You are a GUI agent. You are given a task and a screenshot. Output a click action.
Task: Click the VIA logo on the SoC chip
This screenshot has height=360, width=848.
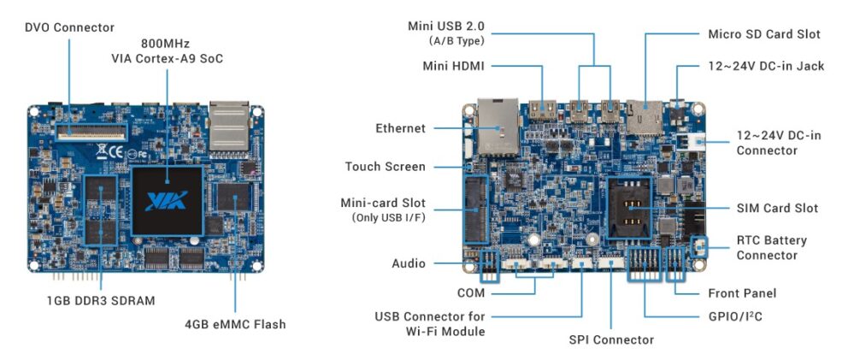(167, 202)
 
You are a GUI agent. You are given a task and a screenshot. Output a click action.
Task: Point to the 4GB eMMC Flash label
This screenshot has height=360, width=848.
(235, 324)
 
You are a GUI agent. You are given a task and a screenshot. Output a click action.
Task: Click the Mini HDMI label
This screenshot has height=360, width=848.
(454, 66)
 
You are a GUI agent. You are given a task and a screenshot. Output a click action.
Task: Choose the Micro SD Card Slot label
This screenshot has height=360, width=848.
(764, 34)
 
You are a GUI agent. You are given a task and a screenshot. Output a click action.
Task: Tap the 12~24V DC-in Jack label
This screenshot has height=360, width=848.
(766, 66)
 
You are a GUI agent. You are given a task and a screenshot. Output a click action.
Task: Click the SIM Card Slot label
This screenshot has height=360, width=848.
(777, 208)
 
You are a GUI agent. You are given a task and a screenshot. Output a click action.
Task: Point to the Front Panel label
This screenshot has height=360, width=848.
(747, 293)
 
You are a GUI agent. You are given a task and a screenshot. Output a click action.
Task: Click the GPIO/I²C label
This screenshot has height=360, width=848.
(734, 315)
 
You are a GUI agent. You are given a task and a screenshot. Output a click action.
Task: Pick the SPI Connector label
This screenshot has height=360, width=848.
(611, 339)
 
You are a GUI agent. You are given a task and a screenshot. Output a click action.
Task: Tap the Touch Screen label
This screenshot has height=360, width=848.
(385, 167)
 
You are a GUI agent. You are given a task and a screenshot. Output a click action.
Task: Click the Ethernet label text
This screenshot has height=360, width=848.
(400, 128)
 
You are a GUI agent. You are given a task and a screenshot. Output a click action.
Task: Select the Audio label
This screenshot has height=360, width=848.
(408, 263)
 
